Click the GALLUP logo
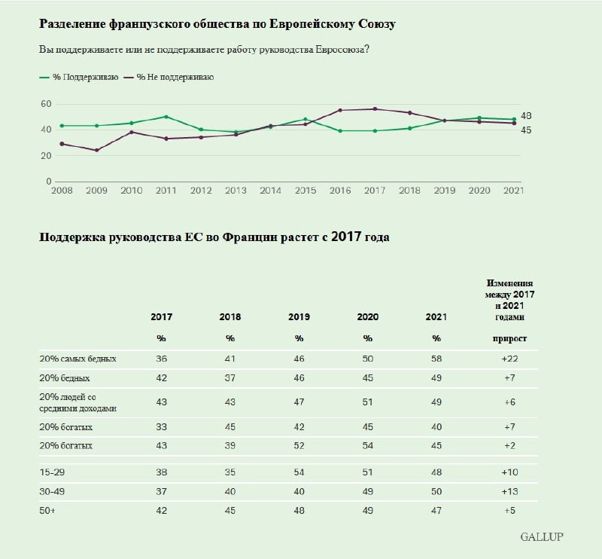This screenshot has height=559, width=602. point(541,537)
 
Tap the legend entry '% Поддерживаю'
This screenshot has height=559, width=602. point(78,77)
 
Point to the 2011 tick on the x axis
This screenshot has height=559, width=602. point(166,191)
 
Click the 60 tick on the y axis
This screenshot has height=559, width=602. point(46,103)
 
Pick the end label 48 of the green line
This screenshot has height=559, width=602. point(527,116)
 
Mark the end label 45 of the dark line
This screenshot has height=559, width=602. point(527,130)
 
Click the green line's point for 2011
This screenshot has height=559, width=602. point(166,117)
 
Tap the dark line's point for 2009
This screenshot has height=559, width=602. point(96,150)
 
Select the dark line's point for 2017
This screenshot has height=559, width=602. point(375,109)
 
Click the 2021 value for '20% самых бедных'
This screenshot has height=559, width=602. point(437,359)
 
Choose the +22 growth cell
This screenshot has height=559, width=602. point(510,359)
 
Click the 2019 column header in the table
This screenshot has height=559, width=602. point(299,317)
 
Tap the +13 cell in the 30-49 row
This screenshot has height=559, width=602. point(510,490)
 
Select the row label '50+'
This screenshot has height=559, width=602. point(47,510)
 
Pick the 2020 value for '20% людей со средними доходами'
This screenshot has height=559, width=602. point(368,402)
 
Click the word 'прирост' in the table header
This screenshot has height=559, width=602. point(509,338)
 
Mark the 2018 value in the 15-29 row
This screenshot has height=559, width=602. point(230,471)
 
